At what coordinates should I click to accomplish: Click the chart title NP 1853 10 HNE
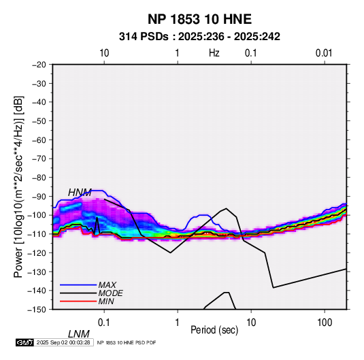point(199,19)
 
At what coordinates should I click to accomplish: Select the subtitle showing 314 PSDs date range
point(199,37)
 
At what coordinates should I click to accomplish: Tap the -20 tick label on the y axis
point(39,65)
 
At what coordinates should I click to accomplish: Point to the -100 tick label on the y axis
point(37,215)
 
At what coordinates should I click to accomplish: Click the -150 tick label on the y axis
point(37,310)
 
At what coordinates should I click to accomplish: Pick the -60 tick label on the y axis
point(39,140)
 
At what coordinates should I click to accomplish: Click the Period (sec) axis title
point(214,330)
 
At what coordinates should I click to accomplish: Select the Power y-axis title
point(18,187)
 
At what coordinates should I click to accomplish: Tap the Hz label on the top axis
point(214,53)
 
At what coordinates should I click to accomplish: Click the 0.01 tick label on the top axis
point(324,53)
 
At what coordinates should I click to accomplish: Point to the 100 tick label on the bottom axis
point(325,323)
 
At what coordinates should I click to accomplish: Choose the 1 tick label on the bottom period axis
point(178,323)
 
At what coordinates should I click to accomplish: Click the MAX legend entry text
point(107,285)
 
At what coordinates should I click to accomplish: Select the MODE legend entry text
point(110,293)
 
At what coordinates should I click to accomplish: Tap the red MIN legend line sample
point(78,301)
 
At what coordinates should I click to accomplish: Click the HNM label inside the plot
point(80,193)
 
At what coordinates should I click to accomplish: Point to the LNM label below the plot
point(78,334)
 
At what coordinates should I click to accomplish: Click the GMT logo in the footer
point(25,342)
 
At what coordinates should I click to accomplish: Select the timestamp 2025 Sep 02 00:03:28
point(63,342)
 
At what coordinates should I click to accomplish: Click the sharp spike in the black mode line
point(97,218)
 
